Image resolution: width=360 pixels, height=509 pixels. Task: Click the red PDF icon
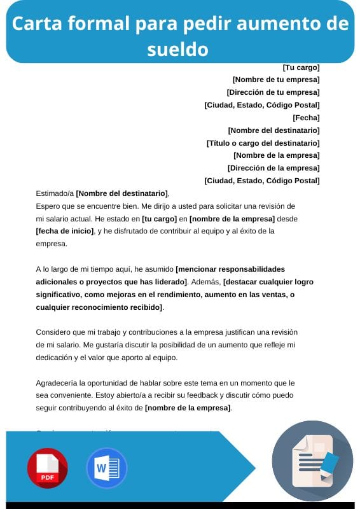(x=47, y=468)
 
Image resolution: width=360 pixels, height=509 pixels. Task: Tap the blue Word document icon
(x=106, y=468)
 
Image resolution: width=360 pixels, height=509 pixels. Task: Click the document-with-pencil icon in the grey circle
(x=312, y=461)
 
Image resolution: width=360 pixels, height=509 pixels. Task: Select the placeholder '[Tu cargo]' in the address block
(x=301, y=67)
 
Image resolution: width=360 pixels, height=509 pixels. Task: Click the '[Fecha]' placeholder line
(x=306, y=118)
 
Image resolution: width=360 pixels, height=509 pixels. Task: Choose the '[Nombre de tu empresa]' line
(x=276, y=80)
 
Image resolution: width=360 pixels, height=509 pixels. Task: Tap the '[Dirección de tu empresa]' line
(x=273, y=92)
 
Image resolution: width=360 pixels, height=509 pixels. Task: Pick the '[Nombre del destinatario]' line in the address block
(x=273, y=130)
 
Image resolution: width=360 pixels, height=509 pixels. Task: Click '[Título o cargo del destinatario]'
(x=263, y=143)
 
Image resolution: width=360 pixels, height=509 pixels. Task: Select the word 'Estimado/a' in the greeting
(x=55, y=193)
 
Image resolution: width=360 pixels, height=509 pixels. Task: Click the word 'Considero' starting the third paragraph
(x=53, y=332)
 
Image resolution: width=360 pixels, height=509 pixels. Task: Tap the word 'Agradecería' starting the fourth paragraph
(x=57, y=383)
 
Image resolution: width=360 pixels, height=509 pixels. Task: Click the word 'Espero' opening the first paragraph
(x=48, y=206)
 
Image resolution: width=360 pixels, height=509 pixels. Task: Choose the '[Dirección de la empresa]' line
(x=273, y=168)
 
